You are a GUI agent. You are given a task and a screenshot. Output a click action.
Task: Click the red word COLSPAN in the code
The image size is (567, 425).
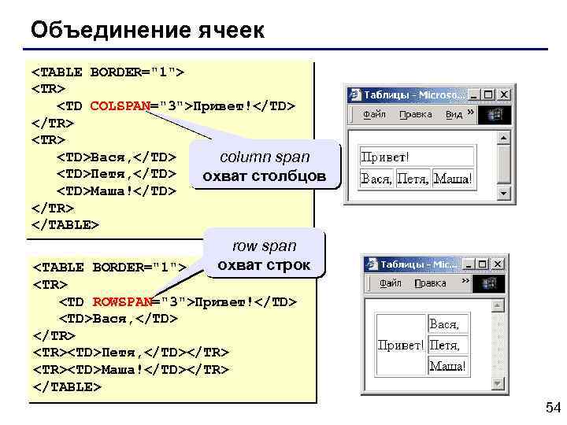tap(120, 105)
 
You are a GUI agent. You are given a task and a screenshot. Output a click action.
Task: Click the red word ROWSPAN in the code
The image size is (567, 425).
tap(122, 301)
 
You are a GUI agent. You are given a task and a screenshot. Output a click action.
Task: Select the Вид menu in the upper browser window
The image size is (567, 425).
tap(454, 114)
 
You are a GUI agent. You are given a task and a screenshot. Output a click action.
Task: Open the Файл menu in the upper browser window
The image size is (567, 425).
tap(374, 114)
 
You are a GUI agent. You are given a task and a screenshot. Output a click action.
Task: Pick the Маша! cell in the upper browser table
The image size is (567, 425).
tap(454, 179)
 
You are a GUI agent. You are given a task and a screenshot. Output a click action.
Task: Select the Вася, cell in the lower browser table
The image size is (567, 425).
tap(445, 323)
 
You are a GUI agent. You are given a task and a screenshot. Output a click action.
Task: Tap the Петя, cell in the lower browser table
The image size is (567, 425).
tap(444, 345)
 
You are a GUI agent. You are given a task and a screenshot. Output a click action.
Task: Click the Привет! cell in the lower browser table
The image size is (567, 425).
tap(401, 345)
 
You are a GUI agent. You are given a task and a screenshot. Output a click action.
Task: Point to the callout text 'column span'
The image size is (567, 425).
tap(265, 157)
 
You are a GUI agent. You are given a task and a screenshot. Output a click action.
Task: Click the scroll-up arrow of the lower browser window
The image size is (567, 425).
tap(496, 303)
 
